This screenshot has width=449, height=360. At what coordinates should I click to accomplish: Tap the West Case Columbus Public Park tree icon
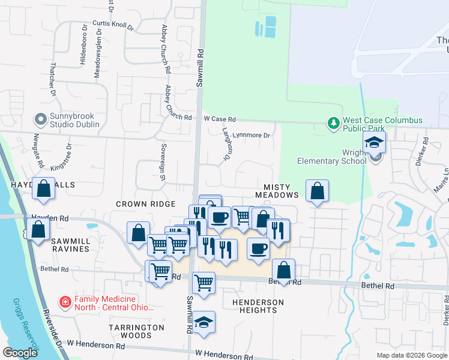click(x=333, y=124)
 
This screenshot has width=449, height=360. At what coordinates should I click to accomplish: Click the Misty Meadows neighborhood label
click(x=277, y=191)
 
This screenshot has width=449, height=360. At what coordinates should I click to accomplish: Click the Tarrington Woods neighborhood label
click(x=136, y=331)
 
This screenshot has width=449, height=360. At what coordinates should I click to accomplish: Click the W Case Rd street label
click(x=219, y=119)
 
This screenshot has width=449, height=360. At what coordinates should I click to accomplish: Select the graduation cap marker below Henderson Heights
click(x=203, y=322)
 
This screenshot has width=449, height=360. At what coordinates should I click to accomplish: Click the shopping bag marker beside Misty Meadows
click(x=317, y=191)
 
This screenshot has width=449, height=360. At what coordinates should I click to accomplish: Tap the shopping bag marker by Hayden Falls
click(x=44, y=189)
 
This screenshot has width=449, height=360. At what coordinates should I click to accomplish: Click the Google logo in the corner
click(x=20, y=353)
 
